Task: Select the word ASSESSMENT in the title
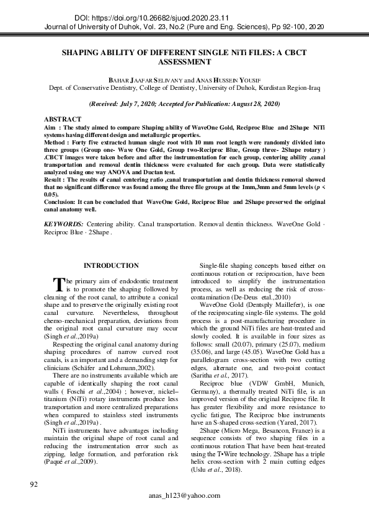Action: [x=185, y=62]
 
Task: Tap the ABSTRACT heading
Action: [x=63, y=119]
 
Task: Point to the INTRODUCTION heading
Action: [x=111, y=265]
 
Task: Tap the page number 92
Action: [x=35, y=483]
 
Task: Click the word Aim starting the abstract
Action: [x=50, y=126]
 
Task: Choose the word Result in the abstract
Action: [x=55, y=179]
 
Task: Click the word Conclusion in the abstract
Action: [x=63, y=201]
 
